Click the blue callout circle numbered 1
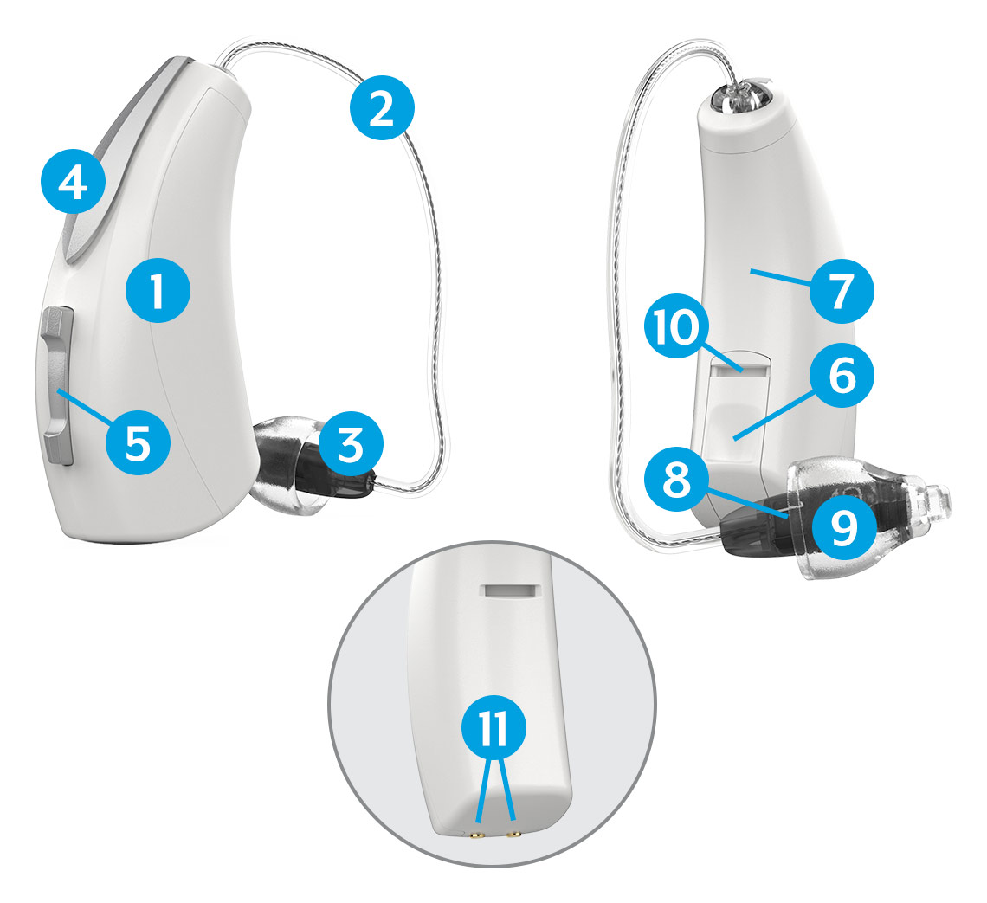pos(158,292)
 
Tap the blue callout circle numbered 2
pos(382,108)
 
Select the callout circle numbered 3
pos(351,444)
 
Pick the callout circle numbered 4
pos(73,182)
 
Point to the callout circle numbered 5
pos(138,443)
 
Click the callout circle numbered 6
pos(842,376)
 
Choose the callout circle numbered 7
pos(842,292)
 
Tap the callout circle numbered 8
pos(677,479)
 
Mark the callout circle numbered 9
pos(843,526)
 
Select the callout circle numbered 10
pos(677,326)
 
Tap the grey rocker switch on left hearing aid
pos(58,386)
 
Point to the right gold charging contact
pos(514,835)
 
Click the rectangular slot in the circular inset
pos(511,590)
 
